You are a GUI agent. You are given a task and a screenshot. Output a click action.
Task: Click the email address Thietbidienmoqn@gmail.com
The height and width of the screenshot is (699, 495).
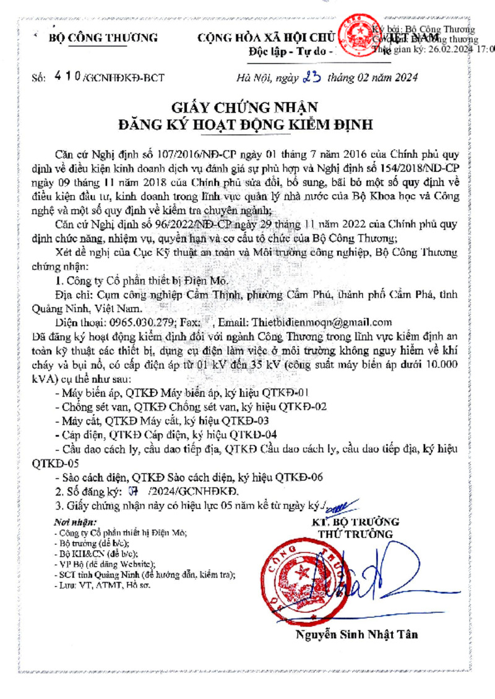(x=322, y=322)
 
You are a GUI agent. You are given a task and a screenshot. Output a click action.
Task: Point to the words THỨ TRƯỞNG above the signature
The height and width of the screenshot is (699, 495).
(x=355, y=534)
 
